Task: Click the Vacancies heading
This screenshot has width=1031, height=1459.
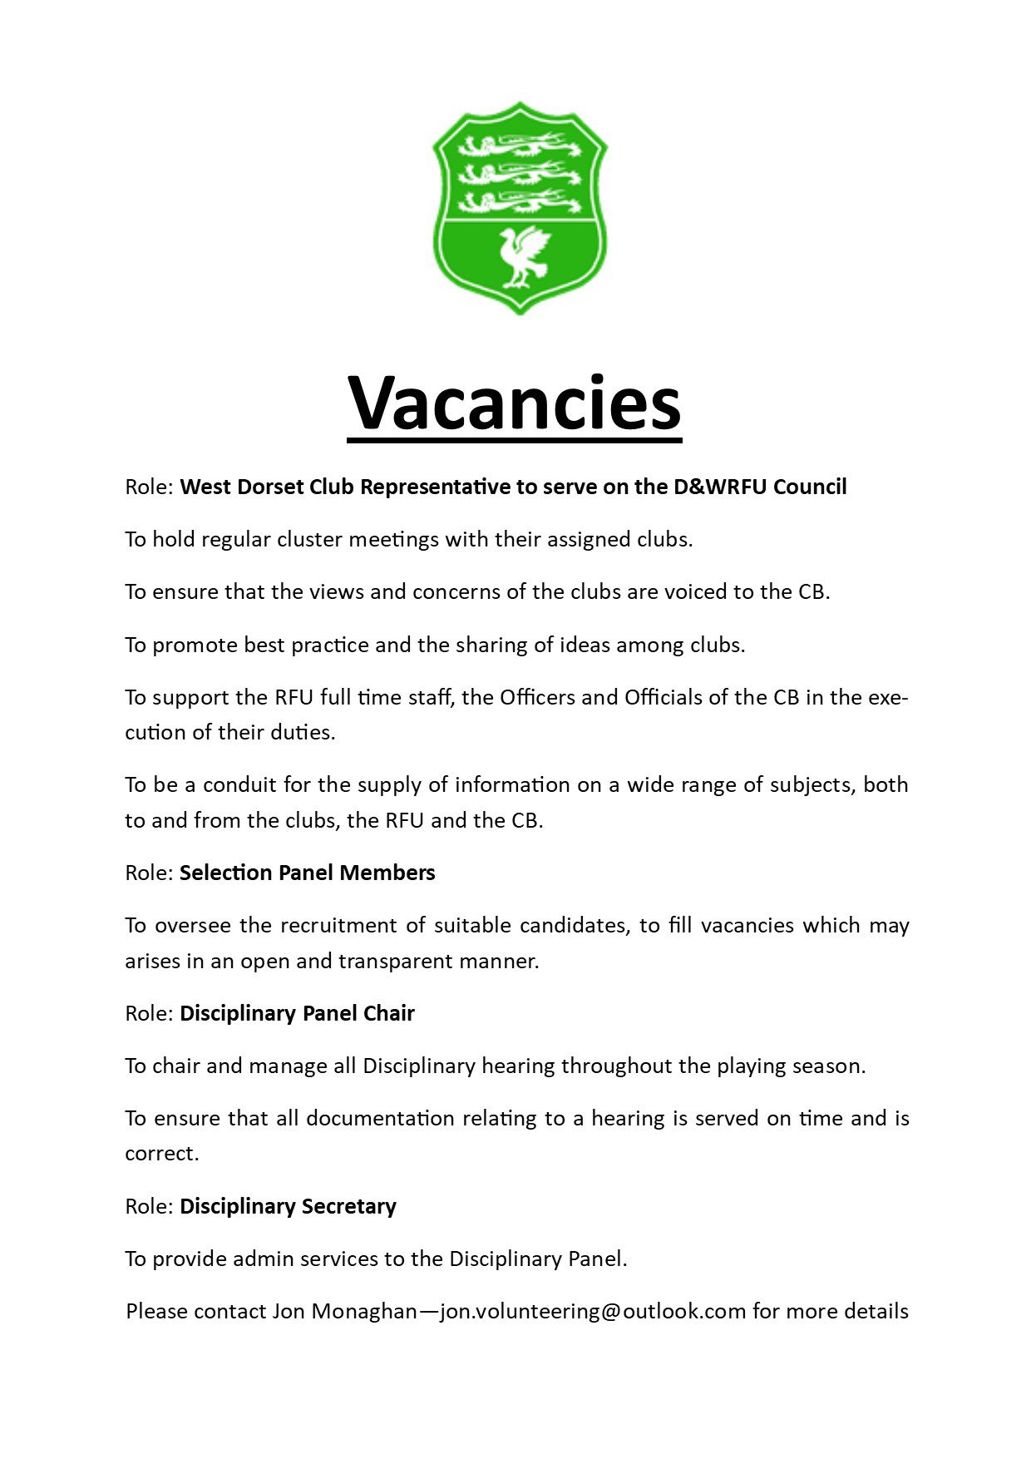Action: (x=514, y=403)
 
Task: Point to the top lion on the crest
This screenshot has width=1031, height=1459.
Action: (x=520, y=146)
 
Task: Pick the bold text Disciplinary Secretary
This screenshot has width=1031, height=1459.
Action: (x=288, y=1206)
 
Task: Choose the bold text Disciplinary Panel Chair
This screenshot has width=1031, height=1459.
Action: (x=297, y=1013)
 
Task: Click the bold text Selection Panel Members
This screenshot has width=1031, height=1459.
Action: (x=308, y=873)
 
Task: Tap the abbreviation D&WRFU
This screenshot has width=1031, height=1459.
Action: (x=720, y=487)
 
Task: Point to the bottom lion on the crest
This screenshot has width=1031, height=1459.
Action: (x=520, y=201)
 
